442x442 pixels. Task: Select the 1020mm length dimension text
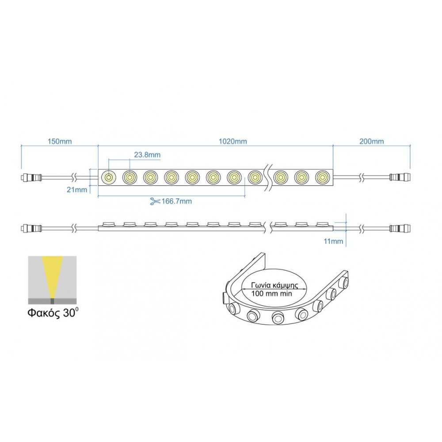click(233, 141)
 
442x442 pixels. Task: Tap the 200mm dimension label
click(372, 141)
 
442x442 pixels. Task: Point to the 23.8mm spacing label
click(147, 155)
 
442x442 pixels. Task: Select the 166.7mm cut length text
click(176, 201)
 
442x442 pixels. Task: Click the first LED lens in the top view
click(108, 177)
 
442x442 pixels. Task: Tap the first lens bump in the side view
click(108, 224)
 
